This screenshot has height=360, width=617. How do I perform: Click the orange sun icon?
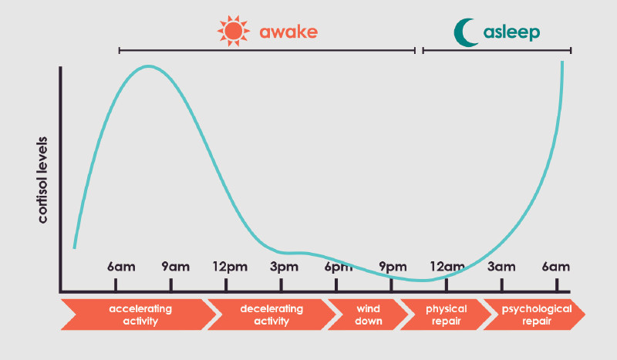point(234,31)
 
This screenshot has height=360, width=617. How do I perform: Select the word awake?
point(288,32)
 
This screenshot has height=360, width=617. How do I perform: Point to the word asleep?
point(511,32)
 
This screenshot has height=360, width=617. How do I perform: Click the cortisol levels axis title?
point(42,180)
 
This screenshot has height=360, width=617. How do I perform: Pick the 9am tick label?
point(176,267)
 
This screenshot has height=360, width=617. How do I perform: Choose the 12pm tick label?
point(230,267)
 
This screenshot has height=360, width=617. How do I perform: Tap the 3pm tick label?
point(284,267)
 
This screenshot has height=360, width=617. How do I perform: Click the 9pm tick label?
point(393,267)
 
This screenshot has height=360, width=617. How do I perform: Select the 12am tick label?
point(447,267)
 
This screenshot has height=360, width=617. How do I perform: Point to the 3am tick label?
point(501,267)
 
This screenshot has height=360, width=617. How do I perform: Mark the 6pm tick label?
point(339,267)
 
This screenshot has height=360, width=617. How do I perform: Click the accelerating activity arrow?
point(140,315)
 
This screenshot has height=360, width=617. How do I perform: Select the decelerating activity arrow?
point(271,315)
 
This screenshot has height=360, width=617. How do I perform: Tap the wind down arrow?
point(369,315)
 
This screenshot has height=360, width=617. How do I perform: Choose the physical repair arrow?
point(446,315)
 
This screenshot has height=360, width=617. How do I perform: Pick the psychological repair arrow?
point(536,315)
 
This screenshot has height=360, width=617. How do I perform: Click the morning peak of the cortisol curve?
point(148,66)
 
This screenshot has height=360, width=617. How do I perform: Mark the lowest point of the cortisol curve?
point(422,281)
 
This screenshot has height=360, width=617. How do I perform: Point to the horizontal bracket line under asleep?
point(497,50)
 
